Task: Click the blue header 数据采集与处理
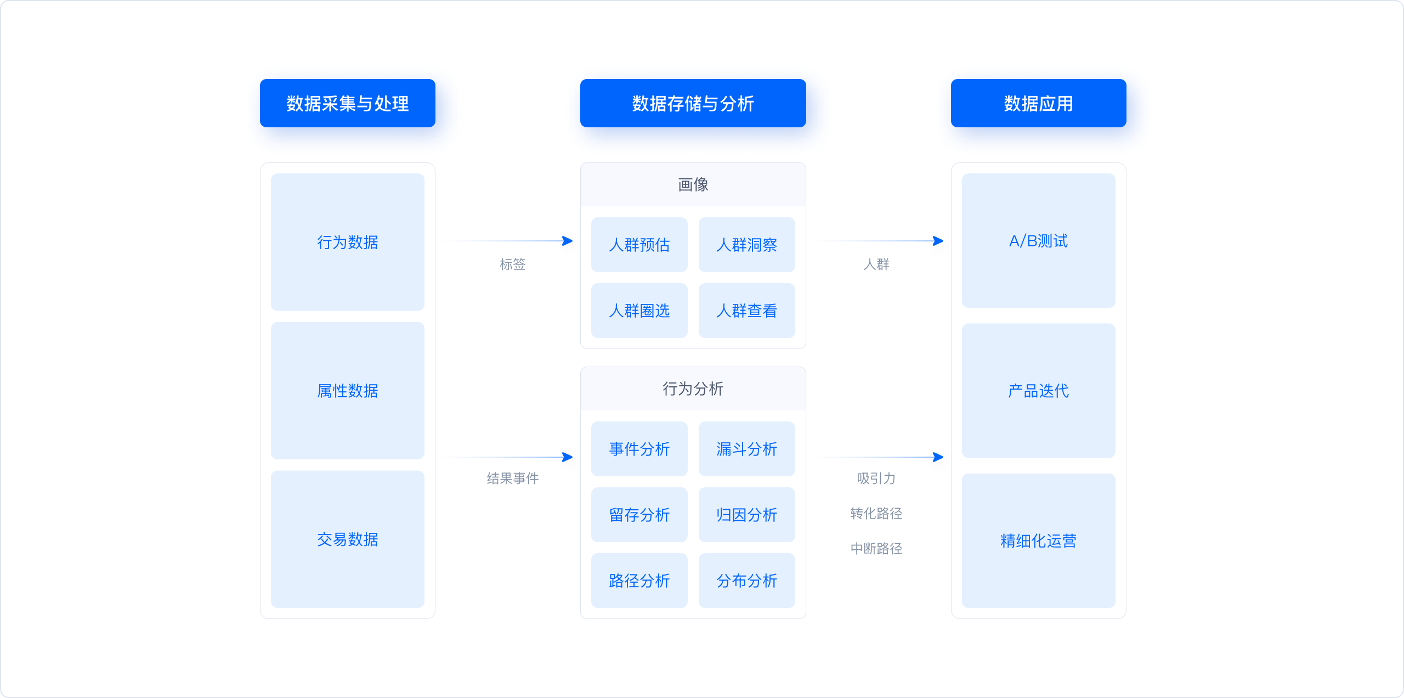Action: pos(347,103)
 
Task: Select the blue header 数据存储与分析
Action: pos(693,103)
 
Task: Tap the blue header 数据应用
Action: pos(1038,103)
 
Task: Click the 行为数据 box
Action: pos(347,242)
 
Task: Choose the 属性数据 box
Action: pos(347,391)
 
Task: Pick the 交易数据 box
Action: pos(347,539)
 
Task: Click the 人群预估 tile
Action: pos(639,245)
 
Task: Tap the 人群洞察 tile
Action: pos(746,245)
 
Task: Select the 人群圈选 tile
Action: pos(639,311)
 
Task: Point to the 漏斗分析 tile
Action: pos(746,449)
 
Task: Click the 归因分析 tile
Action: pos(746,515)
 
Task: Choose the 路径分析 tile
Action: pos(639,581)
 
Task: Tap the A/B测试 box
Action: pos(1038,241)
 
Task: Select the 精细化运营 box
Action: pos(1038,541)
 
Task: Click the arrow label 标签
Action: pos(512,264)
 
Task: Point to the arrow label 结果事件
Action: pos(512,479)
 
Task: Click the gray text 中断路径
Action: pos(876,549)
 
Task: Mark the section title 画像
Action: pos(693,185)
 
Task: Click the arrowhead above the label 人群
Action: pos(938,241)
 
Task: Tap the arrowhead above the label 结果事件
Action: pos(568,457)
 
